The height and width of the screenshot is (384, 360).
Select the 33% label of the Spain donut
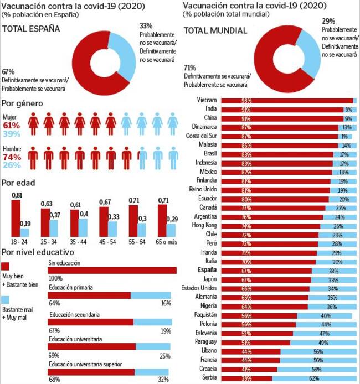coord(146,25)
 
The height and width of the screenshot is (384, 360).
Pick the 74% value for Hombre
coord(11,157)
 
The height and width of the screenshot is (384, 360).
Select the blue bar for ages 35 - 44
coord(83,227)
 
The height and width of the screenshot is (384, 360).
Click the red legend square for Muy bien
coord(6,266)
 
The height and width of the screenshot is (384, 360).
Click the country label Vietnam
coord(207,101)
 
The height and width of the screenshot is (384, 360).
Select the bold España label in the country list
coord(205,271)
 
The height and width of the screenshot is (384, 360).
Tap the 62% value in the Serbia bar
coord(313,378)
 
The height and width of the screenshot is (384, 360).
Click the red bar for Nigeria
coord(264,307)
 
